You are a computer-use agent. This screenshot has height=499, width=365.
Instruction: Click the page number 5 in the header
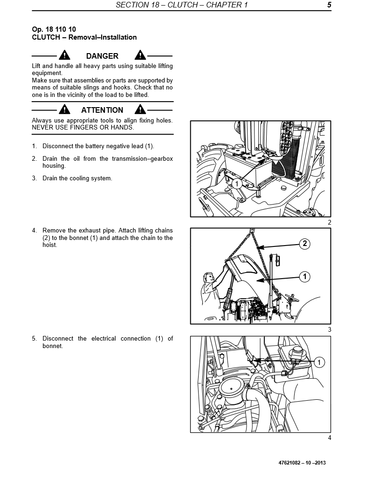pos(329,5)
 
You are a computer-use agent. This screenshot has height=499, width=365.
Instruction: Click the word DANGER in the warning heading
pos(102,56)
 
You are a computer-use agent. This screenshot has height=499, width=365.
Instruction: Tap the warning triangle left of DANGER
pos(64,55)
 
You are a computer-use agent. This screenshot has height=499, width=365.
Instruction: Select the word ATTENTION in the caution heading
pos(102,110)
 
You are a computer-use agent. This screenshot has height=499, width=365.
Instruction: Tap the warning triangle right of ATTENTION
pos(140,110)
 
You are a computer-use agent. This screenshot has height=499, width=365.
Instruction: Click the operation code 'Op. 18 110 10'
pos(54,29)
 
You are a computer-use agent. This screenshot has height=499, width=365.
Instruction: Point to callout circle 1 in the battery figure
pos(236,184)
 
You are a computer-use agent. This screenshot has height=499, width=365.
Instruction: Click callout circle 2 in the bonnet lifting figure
pos(304,243)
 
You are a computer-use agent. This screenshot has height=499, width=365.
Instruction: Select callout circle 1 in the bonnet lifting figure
pos(304,277)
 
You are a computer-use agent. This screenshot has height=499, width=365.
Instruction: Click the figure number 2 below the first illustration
pos(329,222)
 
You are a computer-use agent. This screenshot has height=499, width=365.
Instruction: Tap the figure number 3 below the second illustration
pos(329,329)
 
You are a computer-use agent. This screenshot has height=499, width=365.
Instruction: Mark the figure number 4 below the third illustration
pos(329,437)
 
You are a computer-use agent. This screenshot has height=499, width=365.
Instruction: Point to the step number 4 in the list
pos(34,231)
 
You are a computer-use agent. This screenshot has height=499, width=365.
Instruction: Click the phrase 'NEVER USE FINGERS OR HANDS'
pos(83,127)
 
